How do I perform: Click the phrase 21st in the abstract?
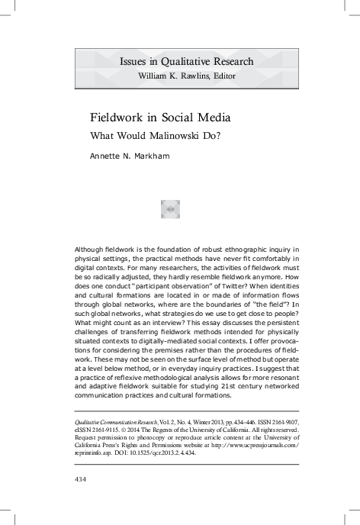point(226,386)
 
